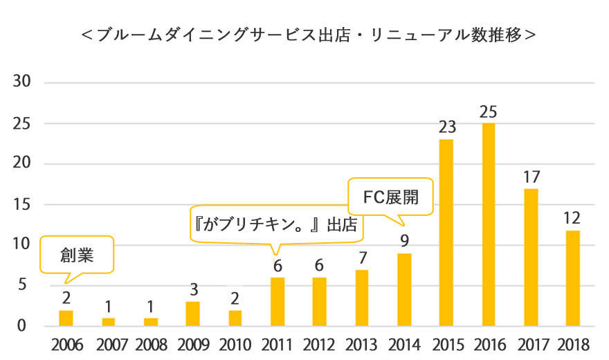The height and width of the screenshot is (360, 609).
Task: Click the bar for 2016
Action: [x=488, y=224]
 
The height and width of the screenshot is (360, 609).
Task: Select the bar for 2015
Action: [x=446, y=233]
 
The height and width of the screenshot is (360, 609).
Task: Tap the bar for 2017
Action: [x=530, y=257]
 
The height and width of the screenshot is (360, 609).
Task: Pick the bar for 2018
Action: [x=572, y=278]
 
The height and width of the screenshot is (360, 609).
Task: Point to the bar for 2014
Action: [x=404, y=289]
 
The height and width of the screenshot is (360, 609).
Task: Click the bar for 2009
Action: [x=193, y=314]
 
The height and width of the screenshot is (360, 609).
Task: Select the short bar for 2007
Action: [x=108, y=322]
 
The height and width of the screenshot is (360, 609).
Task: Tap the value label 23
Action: [x=446, y=128]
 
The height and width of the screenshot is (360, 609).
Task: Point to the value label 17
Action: [x=530, y=177]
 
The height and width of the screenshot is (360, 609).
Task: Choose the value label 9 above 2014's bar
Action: [x=404, y=242]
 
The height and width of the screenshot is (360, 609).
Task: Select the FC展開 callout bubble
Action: [x=392, y=197]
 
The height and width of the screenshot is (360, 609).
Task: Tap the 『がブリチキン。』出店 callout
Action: [x=277, y=225]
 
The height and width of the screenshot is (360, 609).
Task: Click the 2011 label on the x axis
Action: [x=277, y=344]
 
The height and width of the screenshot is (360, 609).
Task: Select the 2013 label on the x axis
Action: [x=361, y=344]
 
